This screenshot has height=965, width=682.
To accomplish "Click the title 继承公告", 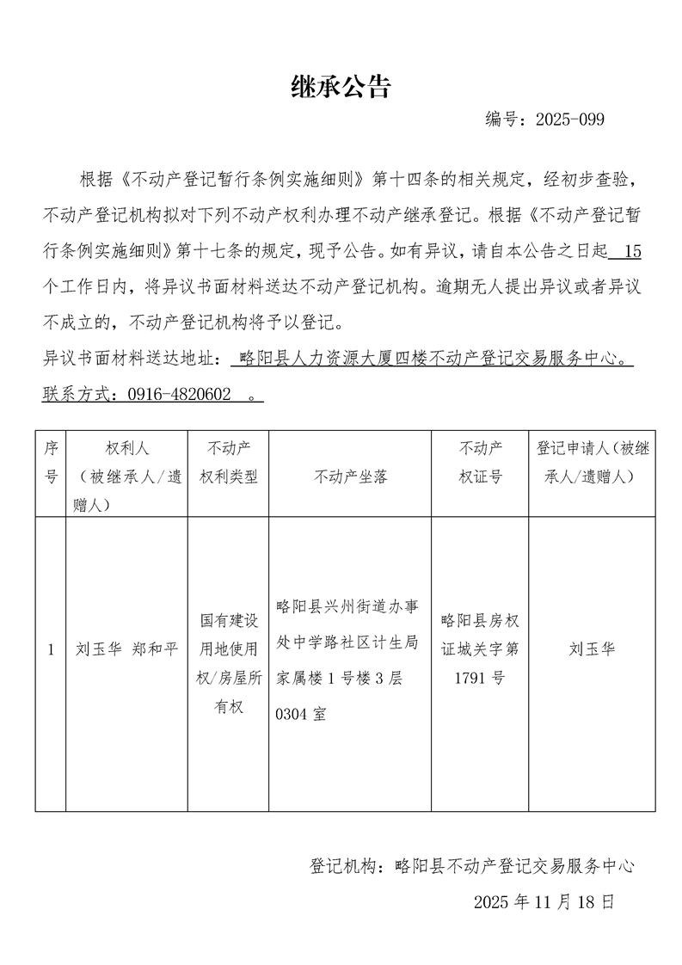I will click(x=341, y=86).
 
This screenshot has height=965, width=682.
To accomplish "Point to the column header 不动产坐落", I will click(x=351, y=476).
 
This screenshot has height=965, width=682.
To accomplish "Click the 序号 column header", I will click(x=51, y=462).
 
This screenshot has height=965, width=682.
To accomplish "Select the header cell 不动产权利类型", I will click(x=229, y=462).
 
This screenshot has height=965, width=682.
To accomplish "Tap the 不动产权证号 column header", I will click(x=481, y=462).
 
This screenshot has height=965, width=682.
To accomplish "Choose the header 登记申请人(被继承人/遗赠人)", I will click(x=593, y=462).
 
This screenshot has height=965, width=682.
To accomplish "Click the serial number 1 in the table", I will click(x=51, y=649).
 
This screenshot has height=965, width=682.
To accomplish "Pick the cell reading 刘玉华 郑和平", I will click(x=126, y=649).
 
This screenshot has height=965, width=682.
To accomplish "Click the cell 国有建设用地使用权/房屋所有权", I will click(x=229, y=662).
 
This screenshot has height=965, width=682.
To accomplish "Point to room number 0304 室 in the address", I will click(x=300, y=714).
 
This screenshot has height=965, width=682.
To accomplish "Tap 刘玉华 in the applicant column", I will click(x=593, y=649).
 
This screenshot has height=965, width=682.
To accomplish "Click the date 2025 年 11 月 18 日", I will click(x=544, y=902).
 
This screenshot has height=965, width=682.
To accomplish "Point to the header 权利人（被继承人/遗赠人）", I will click(x=126, y=476).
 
